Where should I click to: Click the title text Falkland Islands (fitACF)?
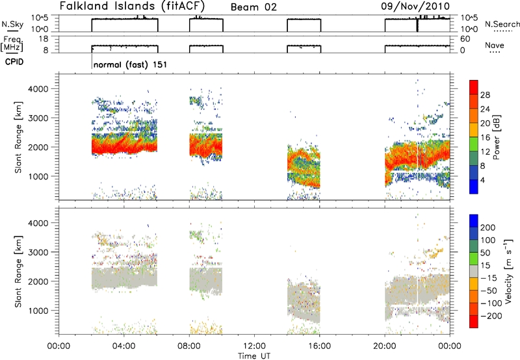coord(132,6)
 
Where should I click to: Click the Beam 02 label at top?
coord(253,7)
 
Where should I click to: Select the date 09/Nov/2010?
coord(415,6)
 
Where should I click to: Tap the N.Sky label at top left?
coord(12,24)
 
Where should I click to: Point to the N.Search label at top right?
coord(502,24)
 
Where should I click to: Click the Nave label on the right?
coord(495,45)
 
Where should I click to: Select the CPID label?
coord(14,62)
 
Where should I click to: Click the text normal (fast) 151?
coord(130,64)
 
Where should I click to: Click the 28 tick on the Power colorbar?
coord(485,95)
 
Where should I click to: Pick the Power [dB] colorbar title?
coord(496,137)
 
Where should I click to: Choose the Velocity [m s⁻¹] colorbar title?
coord(508,271)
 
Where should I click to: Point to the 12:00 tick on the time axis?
coord(254,346)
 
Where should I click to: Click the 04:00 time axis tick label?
coord(124,346)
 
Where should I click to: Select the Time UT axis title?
coord(254,355)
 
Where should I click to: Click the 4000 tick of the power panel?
coord(39,89)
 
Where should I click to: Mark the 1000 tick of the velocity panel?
coord(39,311)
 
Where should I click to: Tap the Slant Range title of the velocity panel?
coord(18,272)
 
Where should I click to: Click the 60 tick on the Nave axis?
coord(465,39)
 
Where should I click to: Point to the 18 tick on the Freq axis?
coord(44,39)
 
